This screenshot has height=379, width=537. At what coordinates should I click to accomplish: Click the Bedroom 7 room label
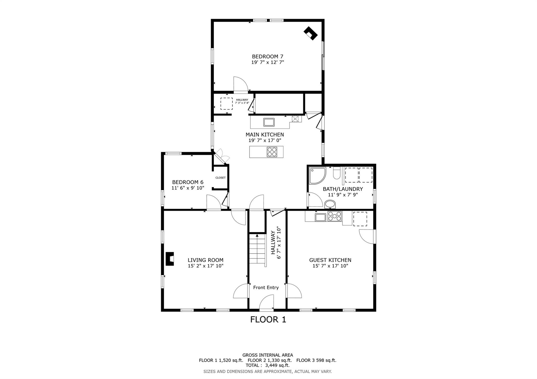pos(267,56)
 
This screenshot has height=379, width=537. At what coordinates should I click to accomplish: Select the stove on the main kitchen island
pos(272,152)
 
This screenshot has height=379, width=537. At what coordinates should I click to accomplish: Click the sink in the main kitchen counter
pos(269,122)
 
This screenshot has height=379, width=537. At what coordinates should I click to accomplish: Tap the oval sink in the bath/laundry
pos(330,204)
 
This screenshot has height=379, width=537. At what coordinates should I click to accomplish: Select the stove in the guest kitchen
pos(335,216)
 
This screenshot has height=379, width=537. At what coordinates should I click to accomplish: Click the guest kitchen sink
pos(320,217)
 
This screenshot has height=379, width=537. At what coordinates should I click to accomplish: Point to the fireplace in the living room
pos(170,259)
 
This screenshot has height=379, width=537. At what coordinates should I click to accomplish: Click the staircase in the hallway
pos(257,249)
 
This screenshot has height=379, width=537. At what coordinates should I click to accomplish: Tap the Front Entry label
pos(266,287)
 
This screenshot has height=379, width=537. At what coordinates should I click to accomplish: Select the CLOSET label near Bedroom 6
pos(220,178)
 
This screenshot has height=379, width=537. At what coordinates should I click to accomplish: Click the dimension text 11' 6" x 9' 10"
pos(188,188)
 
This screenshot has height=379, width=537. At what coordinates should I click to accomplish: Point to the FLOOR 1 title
pos(268,320)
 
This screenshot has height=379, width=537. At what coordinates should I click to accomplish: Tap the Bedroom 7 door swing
pos(240,84)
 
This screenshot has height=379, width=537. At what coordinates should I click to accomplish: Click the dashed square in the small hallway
pos(226,104)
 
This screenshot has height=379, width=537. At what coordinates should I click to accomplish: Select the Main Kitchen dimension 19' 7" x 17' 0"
pos(265,140)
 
